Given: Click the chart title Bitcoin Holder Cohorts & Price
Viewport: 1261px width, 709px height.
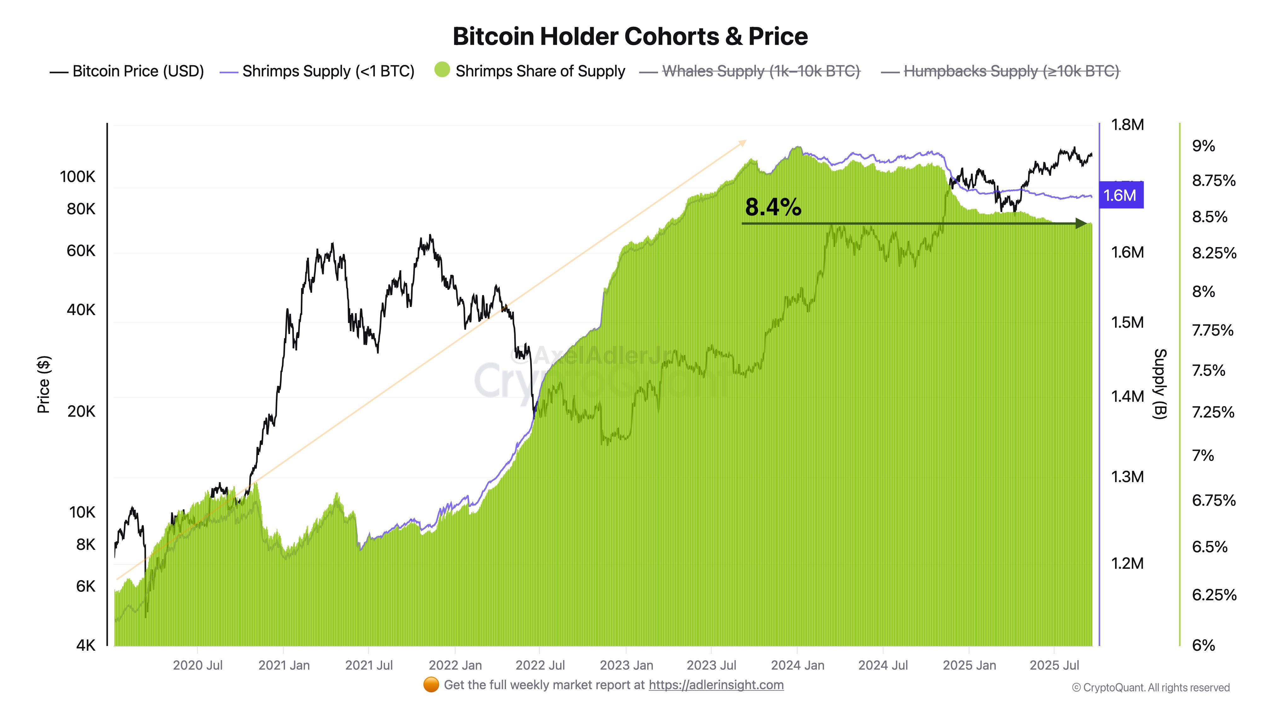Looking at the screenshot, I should click(630, 37).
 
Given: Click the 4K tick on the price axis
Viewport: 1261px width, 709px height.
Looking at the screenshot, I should click(86, 645).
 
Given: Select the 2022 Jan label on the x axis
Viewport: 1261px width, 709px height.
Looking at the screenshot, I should click(455, 666).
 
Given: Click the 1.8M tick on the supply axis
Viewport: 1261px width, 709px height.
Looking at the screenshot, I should click(1127, 125).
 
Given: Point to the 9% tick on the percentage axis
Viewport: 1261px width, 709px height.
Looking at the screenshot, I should click(1203, 146).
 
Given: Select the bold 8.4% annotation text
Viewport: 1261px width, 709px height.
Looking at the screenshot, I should click(773, 207).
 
